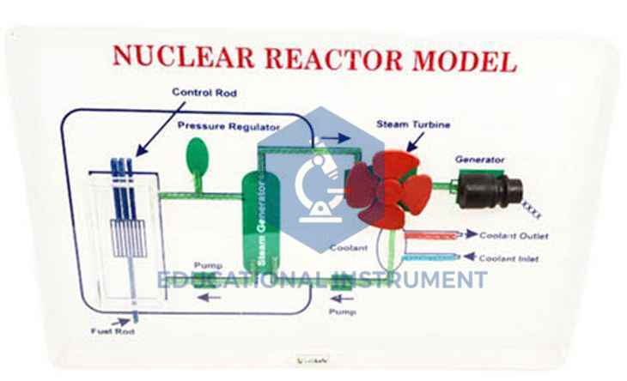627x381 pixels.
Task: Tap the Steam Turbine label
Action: coord(413,124)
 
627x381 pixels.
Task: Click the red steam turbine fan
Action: coord(383,186)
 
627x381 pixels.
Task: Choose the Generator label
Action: coord(479,159)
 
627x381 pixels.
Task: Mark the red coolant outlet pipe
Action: coord(429,233)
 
